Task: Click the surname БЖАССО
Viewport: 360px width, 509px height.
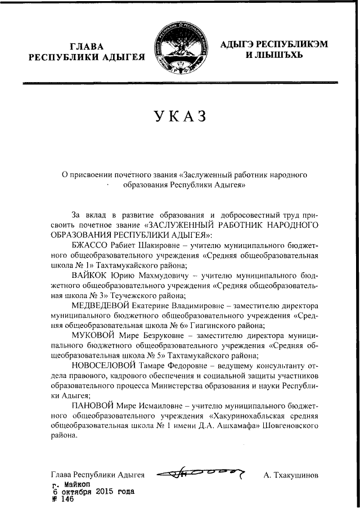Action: coord(92,246)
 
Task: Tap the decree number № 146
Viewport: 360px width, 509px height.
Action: coord(63,499)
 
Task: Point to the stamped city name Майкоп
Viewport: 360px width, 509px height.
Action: coord(78,484)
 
